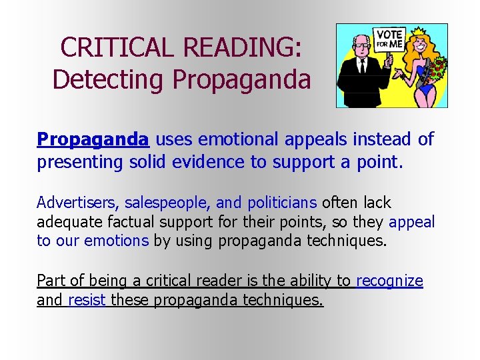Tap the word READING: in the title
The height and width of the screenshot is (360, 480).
(x=243, y=47)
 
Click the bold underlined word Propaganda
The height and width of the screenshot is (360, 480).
(x=93, y=139)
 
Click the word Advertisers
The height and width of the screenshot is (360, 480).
(x=77, y=203)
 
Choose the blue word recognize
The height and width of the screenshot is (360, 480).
(x=389, y=281)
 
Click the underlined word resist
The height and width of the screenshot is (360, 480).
(x=87, y=300)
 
